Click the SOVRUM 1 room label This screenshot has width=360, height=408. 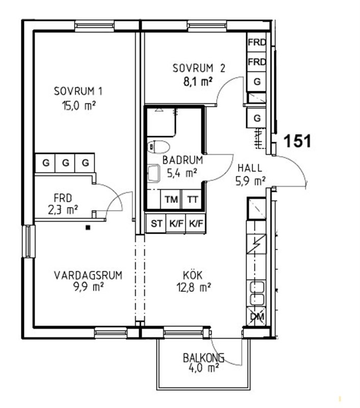[x=78, y=91]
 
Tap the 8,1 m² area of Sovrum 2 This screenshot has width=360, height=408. [x=198, y=82]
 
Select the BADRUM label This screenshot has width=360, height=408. [x=183, y=160]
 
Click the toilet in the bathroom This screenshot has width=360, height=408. [x=159, y=147]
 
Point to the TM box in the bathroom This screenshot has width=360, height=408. [x=171, y=199]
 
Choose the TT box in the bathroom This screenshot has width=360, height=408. [x=192, y=199]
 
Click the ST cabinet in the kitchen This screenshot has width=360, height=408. [x=156, y=223]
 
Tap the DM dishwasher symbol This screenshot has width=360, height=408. [x=256, y=316]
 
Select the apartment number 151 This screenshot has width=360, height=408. [x=297, y=141]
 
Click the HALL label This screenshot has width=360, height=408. [x=250, y=168]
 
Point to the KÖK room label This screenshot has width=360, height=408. [x=193, y=275]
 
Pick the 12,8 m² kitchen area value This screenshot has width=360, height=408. [x=194, y=288]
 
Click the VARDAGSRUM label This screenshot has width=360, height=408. [x=88, y=275]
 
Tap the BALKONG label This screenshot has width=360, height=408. [x=203, y=358]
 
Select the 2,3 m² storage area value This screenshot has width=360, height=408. [x=63, y=210]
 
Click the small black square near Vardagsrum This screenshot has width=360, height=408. [x=88, y=227]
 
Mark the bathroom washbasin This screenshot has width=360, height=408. [x=153, y=172]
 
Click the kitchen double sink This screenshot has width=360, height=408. [x=256, y=293]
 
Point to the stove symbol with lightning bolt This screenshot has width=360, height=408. [x=256, y=244]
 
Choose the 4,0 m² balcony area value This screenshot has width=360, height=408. [x=203, y=368]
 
